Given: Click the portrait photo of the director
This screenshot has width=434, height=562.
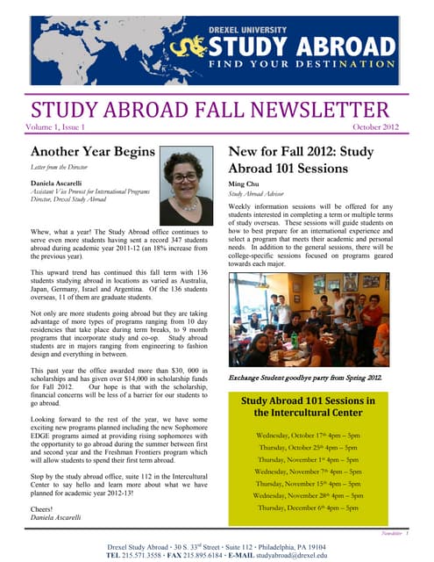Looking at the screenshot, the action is [186, 184].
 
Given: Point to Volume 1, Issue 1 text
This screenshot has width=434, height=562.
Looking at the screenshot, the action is [66, 128].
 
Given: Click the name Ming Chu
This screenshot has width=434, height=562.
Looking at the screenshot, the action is [244, 184].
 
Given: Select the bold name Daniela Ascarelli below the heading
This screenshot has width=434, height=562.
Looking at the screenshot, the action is [60, 183].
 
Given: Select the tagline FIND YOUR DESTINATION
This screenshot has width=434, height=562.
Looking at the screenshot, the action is [307, 63].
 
